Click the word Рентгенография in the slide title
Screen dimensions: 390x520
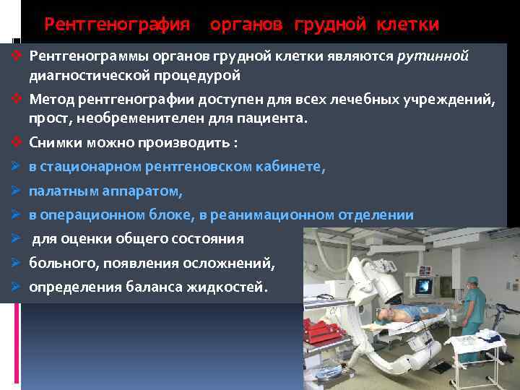tap(117, 25)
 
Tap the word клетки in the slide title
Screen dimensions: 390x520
tap(407, 25)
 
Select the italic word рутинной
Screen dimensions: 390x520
tap(433, 56)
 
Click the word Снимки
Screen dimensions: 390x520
tap(53, 142)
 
